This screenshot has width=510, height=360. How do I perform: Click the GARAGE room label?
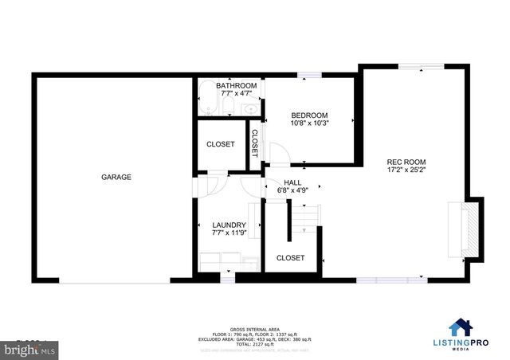tap(116, 177)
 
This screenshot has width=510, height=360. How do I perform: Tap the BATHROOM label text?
tap(236, 86)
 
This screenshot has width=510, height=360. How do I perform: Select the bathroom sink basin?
tap(251, 108)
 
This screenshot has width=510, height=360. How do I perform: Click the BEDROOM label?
tap(310, 115)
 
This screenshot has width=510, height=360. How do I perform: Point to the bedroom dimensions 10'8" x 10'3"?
tap(310, 124)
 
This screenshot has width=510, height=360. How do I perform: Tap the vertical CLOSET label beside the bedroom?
tap(255, 143)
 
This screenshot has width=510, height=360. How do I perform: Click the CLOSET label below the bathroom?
tap(220, 144)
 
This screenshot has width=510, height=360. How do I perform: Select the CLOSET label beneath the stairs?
tap(290, 258)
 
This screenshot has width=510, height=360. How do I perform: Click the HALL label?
tap(292, 182)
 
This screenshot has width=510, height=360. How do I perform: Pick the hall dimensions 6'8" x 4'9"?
tap(292, 191)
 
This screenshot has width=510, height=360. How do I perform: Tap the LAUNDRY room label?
tap(229, 225)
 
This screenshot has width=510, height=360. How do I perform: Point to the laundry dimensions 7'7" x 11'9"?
tap(229, 234)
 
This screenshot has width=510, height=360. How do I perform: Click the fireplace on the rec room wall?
tap(466, 230)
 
